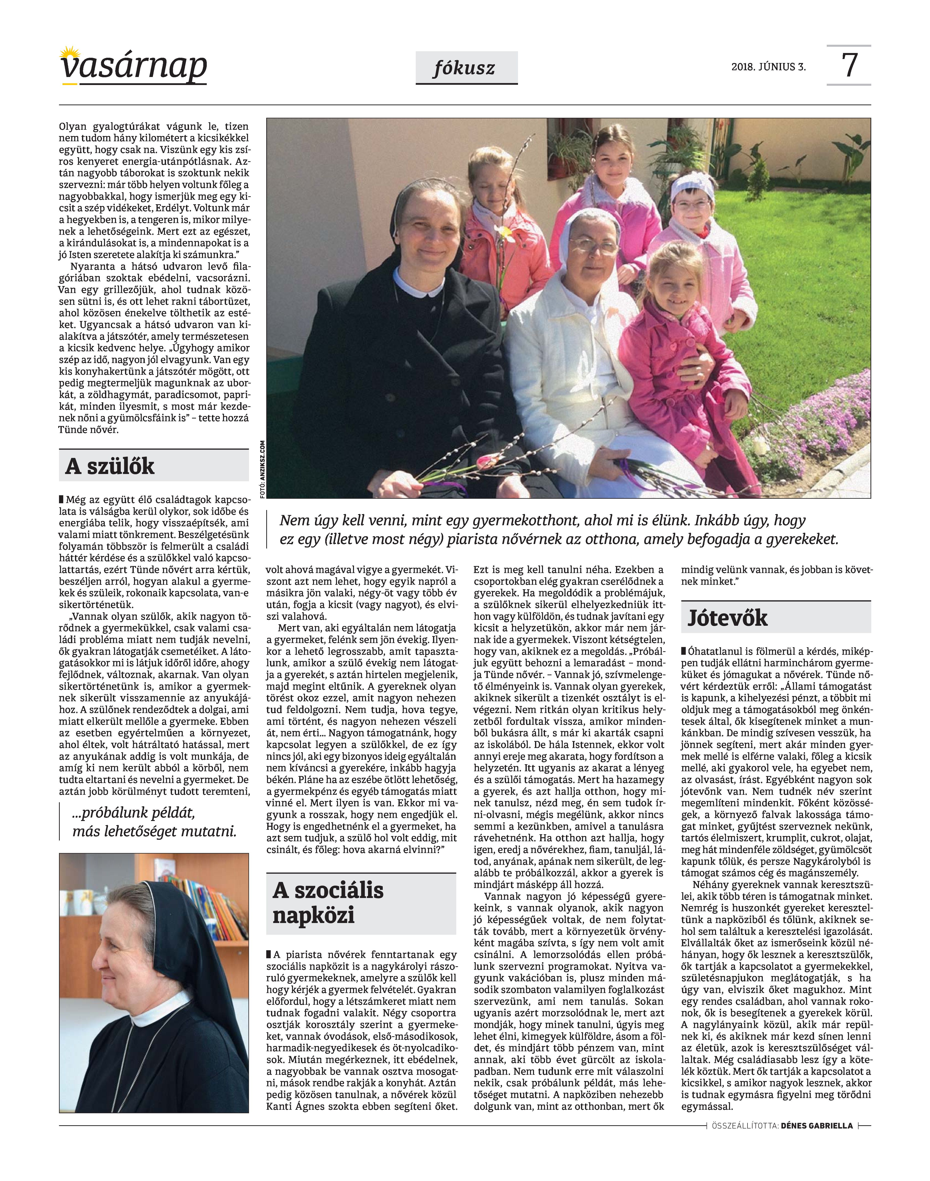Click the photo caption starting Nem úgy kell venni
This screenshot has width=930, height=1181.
point(558,530)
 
